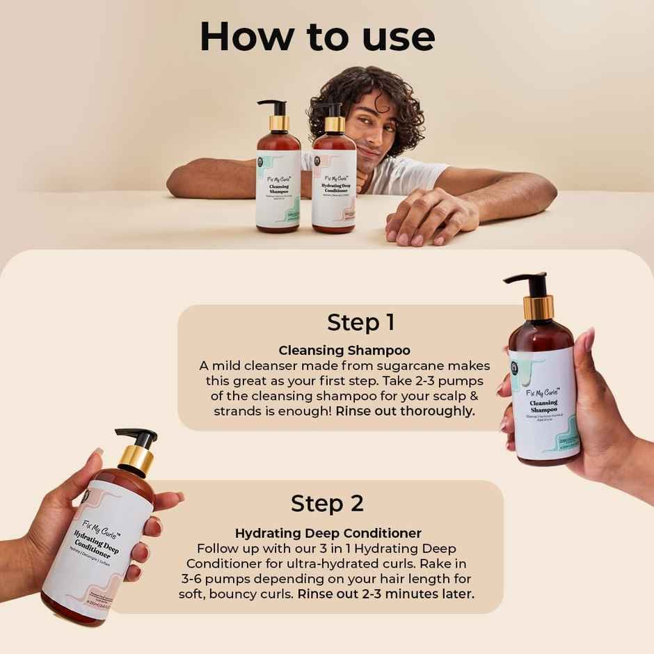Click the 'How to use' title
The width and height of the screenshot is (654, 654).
[x=317, y=36]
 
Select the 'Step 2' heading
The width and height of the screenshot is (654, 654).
[x=327, y=503]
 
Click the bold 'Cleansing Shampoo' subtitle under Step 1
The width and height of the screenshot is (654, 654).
[x=344, y=351]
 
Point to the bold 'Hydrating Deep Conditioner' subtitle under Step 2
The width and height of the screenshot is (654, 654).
[x=328, y=534]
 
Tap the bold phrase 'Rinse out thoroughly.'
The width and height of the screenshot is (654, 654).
[x=405, y=410]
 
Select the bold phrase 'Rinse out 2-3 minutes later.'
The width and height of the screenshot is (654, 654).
[x=386, y=594]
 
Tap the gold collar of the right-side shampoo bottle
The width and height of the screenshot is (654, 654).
[x=538, y=307]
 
